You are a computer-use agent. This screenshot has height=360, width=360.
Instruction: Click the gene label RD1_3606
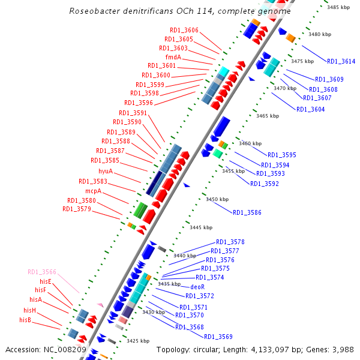[184, 30]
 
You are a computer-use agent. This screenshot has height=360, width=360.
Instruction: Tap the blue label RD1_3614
[341, 61]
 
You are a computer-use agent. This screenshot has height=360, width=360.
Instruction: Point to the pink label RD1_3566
[42, 272]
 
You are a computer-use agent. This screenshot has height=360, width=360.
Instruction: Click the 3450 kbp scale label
[217, 199]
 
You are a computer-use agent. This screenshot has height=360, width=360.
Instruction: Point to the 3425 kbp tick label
[137, 341]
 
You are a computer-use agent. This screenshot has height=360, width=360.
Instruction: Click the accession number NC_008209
[64, 349]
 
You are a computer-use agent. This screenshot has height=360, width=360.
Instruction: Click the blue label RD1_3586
[247, 212]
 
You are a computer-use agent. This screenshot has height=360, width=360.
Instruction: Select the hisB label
[25, 320]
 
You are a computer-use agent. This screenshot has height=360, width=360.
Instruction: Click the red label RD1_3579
[77, 209]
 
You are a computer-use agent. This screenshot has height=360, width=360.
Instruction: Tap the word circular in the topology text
[205, 349]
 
